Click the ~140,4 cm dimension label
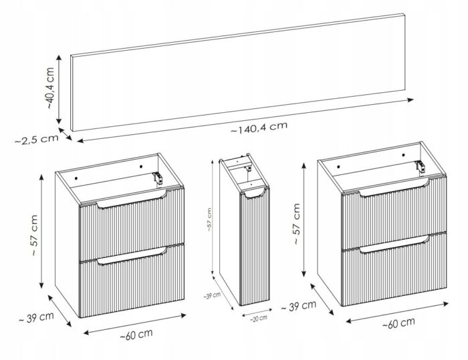point(259,128)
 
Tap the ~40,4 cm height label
point(50,88)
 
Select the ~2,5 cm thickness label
point(36,140)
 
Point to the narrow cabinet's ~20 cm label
point(259,319)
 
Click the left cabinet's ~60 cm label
point(136,334)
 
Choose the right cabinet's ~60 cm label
point(398,323)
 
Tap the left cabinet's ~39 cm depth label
point(36,317)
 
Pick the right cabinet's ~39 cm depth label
point(298,306)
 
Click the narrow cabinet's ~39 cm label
point(212,296)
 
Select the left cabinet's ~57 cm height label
point(33,235)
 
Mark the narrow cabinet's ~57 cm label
point(209,220)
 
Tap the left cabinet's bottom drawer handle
point(131,256)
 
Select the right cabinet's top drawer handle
point(394,188)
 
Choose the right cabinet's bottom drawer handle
point(394,244)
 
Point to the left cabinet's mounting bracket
point(158,178)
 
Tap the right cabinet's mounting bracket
point(420,166)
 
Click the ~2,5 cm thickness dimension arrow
point(65,134)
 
